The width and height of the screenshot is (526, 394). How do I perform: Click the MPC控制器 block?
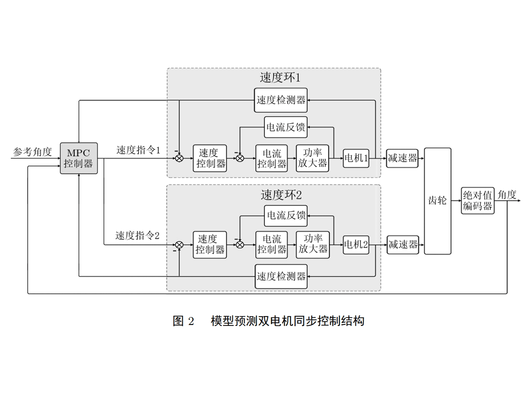point(79,159)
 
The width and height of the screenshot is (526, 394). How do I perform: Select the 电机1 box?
point(356,159)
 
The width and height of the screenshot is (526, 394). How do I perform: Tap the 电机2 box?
point(356,244)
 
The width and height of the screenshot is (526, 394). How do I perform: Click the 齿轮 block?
point(437,201)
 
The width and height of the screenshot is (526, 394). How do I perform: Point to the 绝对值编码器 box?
point(478,201)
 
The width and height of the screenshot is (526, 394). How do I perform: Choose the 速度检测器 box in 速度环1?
point(281,100)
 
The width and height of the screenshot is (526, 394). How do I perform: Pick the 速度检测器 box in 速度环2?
point(281,277)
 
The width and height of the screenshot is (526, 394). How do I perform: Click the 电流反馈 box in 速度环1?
point(285,127)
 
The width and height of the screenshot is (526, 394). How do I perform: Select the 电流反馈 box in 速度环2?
point(285,216)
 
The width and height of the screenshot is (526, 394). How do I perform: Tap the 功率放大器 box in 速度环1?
point(313,159)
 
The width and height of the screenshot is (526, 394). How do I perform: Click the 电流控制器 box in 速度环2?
point(272,244)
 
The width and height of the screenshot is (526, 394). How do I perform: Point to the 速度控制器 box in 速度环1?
point(210,159)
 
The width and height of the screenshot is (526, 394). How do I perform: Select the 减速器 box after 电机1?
point(402,159)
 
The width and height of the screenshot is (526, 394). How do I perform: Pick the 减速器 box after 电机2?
point(402,244)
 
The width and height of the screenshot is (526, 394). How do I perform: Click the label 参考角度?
point(32,151)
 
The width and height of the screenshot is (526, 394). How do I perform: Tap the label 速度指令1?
point(138,150)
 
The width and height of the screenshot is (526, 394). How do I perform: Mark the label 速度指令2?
point(137,235)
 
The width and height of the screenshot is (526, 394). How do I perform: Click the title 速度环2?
point(281,195)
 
